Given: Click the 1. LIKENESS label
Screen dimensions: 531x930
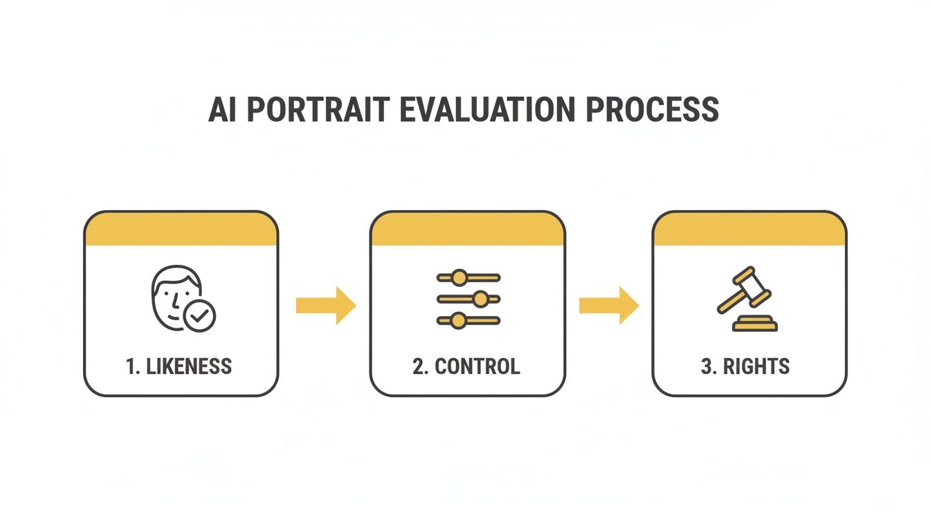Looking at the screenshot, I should pyautogui.click(x=179, y=366).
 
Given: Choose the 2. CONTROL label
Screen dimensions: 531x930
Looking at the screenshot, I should pyautogui.click(x=466, y=366).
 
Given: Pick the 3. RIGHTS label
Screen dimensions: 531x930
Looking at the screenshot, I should pyautogui.click(x=745, y=366).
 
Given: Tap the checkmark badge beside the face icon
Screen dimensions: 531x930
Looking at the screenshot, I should pyautogui.click(x=200, y=316).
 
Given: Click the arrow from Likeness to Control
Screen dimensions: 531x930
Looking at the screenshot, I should pyautogui.click(x=325, y=305).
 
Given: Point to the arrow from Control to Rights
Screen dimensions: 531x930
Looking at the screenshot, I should pyautogui.click(x=608, y=305).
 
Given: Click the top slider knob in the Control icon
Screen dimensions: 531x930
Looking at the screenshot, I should pyautogui.click(x=459, y=278).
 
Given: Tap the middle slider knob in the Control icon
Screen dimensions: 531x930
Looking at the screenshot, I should pyautogui.click(x=480, y=299).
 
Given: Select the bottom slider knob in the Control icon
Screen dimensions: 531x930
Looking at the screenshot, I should pyautogui.click(x=457, y=320).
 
